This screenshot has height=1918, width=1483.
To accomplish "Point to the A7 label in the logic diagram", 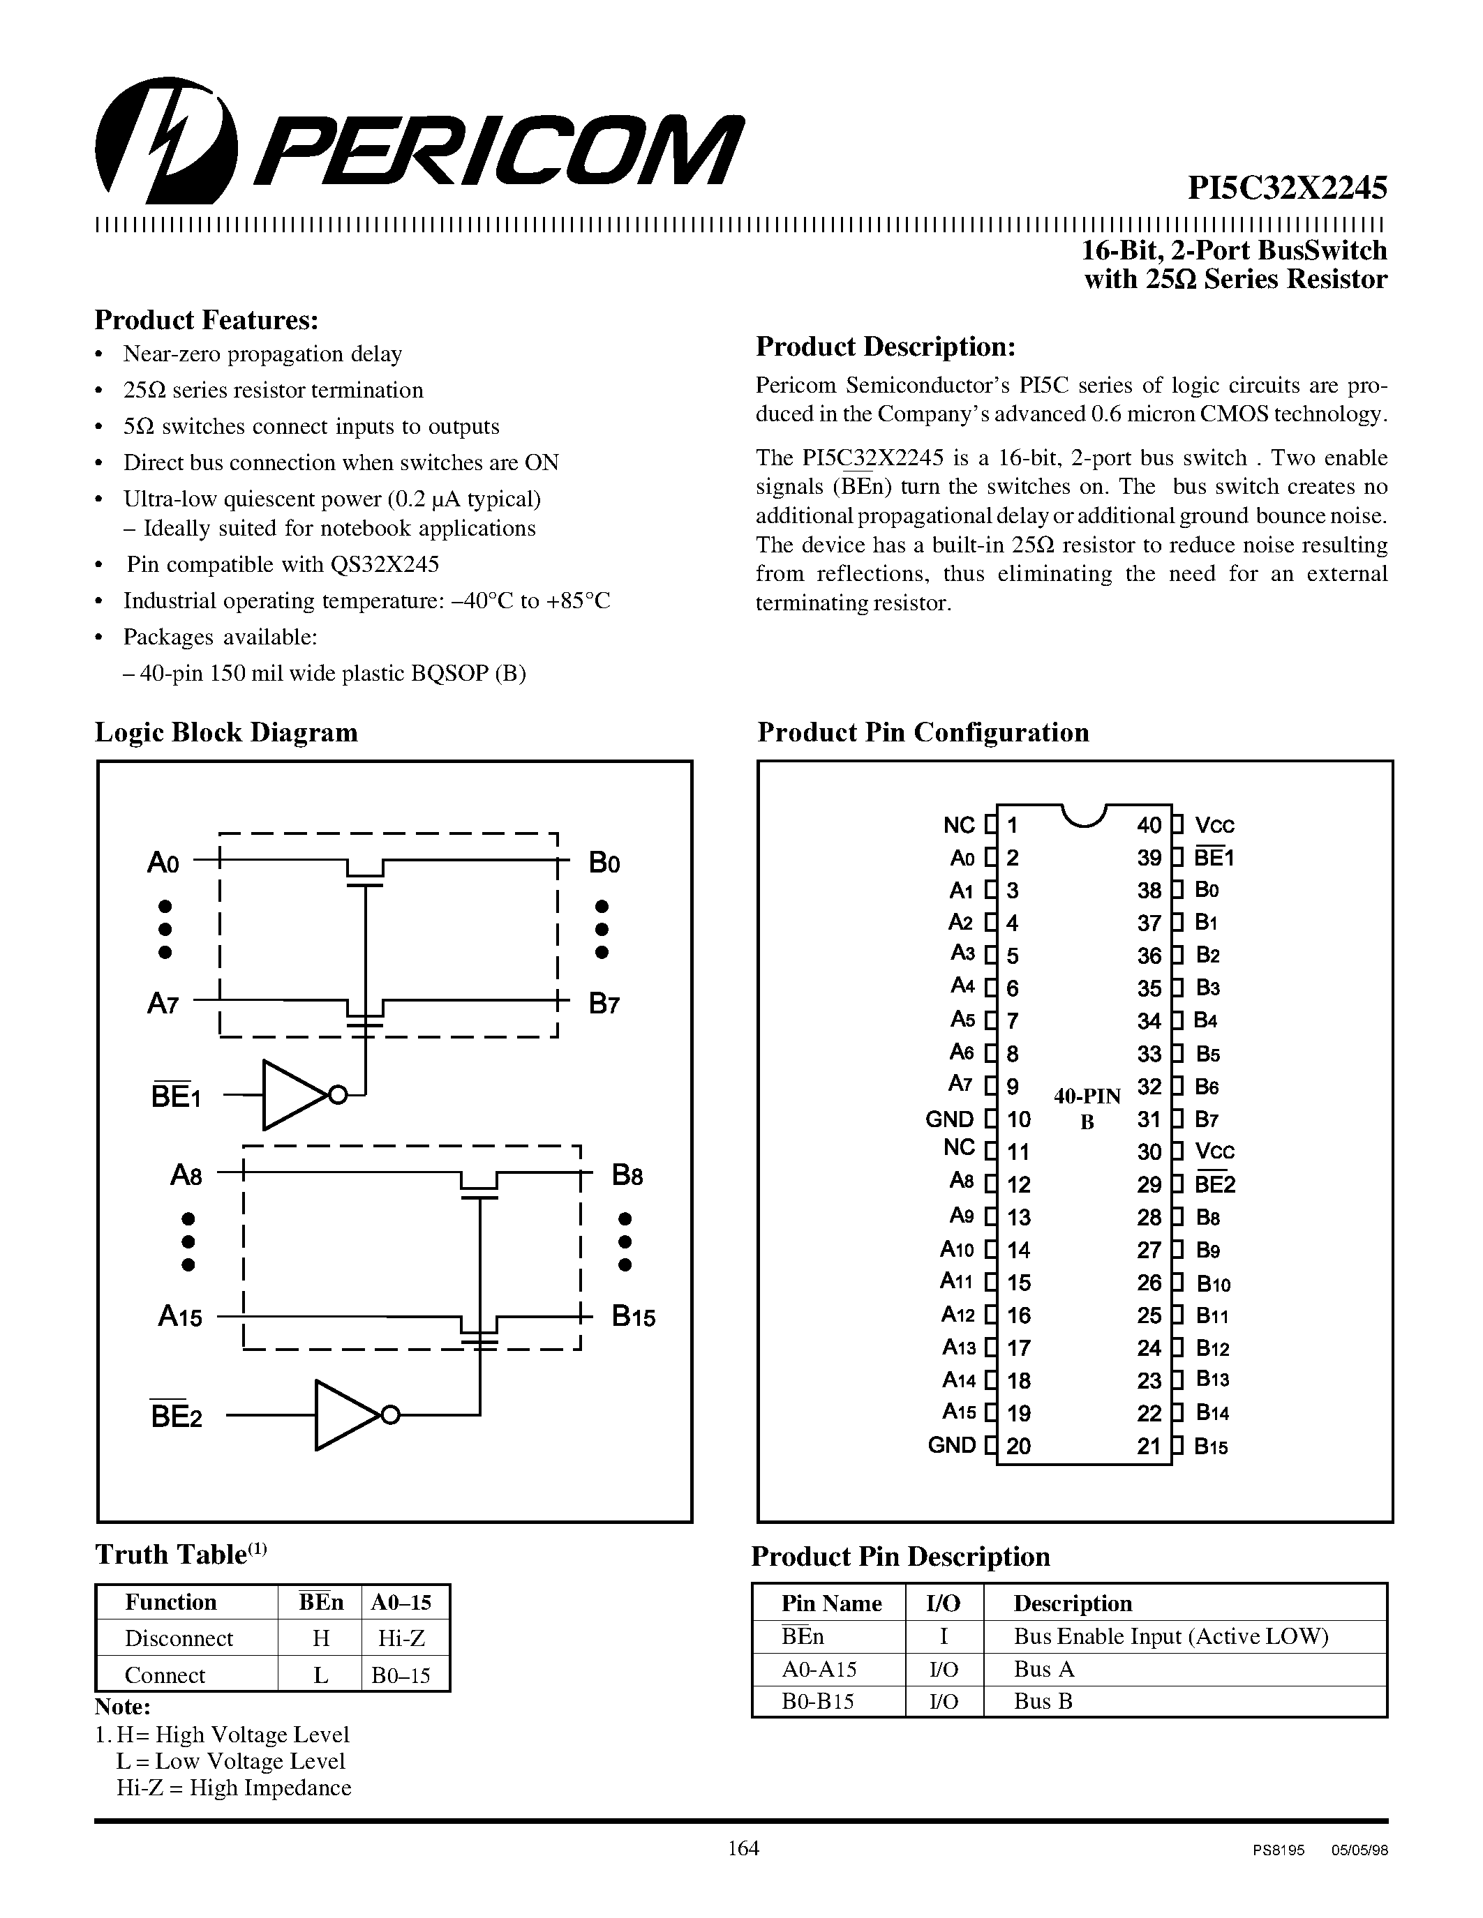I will [x=163, y=1003].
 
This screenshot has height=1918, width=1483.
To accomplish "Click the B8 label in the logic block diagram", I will [x=627, y=1175].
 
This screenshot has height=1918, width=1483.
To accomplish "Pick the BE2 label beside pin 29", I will [x=1215, y=1185].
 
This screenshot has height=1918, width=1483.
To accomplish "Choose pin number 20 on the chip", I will [x=1018, y=1447].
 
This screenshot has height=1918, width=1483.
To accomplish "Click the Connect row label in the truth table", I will [x=165, y=1675].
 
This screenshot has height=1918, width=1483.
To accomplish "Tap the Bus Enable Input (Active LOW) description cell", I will [x=1170, y=1636].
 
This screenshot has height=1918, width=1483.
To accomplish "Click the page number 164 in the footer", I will [x=743, y=1848].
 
